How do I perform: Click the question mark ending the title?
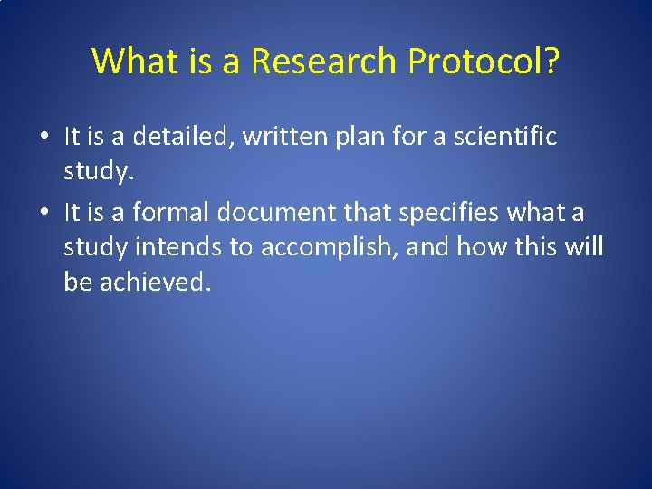(x=551, y=62)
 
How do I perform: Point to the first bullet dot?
(x=43, y=138)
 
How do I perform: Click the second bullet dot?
(x=43, y=214)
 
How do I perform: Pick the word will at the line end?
(x=584, y=247)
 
